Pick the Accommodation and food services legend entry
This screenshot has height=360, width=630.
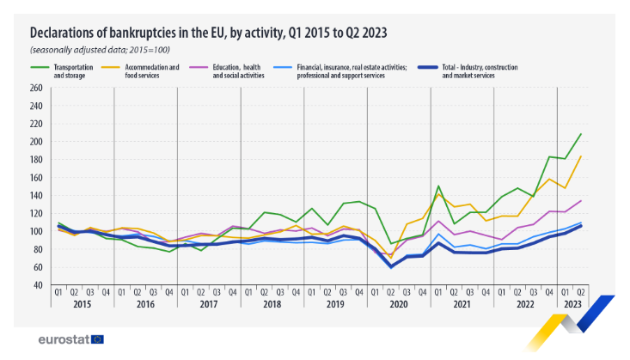coord(155,70)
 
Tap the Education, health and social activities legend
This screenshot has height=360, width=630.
coord(248,70)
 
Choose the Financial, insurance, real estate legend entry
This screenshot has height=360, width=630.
coord(352,70)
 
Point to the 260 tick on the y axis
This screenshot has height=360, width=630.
coord(35,88)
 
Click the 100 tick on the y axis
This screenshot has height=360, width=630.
coord(35,231)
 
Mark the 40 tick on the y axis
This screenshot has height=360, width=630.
coord(37,285)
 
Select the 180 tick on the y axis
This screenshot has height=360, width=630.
coord(35,160)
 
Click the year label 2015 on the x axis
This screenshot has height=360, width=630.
coord(83,305)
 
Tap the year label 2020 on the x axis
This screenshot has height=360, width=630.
coord(399,305)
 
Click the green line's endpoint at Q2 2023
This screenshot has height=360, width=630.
coord(582,134)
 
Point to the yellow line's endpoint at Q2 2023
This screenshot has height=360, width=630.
coord(582,156)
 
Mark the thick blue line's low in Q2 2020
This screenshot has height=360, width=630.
coord(391,266)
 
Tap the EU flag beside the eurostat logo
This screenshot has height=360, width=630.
coord(97,339)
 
